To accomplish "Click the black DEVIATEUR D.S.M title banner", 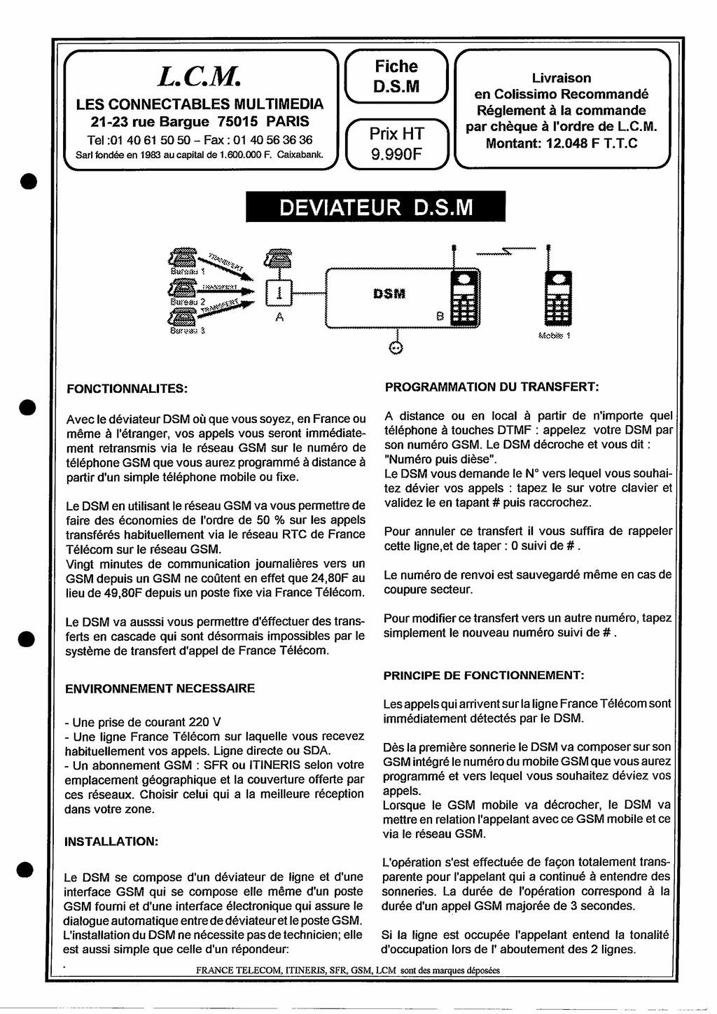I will pyautogui.click(x=375, y=207).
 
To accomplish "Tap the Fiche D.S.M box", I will pyautogui.click(x=396, y=76).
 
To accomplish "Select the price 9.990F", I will pyautogui.click(x=396, y=153).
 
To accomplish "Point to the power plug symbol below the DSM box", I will pyautogui.click(x=396, y=348).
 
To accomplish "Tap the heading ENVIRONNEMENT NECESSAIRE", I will pyautogui.click(x=160, y=688).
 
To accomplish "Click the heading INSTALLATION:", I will pyautogui.click(x=111, y=841).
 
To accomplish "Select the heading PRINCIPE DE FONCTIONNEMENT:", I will pyautogui.click(x=483, y=676).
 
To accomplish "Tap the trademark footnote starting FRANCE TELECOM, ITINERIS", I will pyautogui.click(x=348, y=971).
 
